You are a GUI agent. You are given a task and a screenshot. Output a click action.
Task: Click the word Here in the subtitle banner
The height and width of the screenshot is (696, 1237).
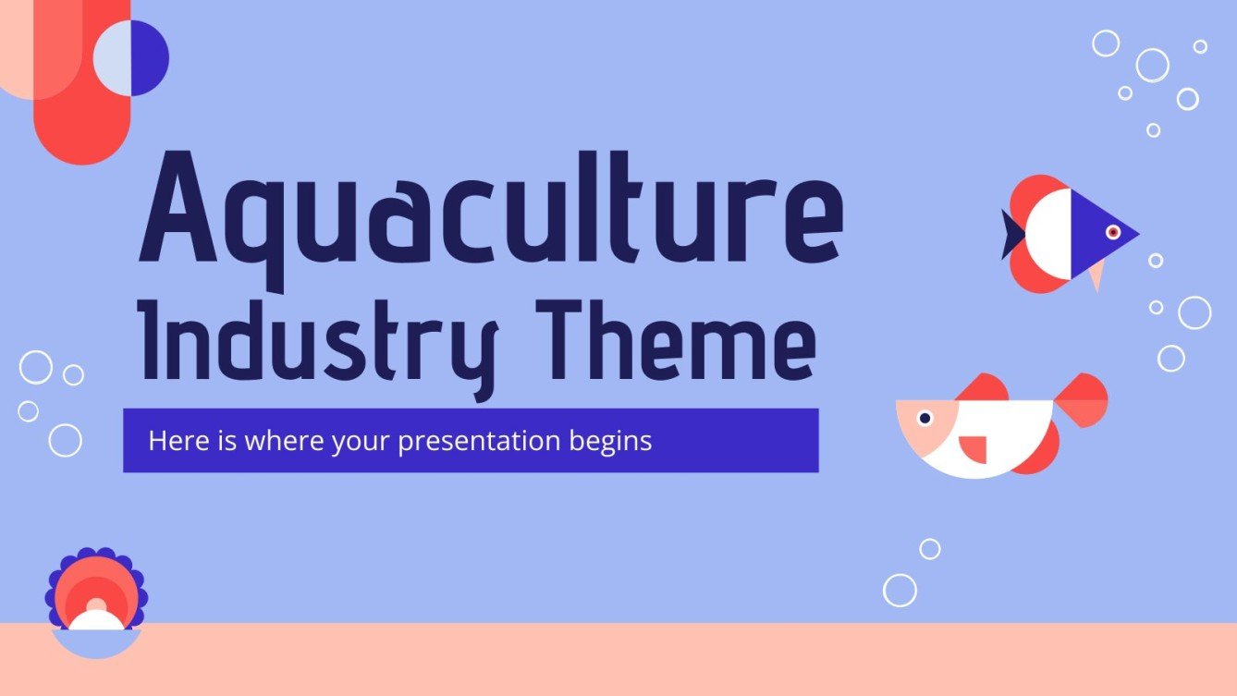pos(172,441)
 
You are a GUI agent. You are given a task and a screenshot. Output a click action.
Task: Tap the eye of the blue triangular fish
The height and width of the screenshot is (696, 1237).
pos(1113,232)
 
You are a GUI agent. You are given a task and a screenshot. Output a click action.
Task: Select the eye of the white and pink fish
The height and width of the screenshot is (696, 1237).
pos(924,419)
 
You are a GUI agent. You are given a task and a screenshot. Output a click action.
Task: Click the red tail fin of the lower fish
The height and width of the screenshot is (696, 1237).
pos(1083,400)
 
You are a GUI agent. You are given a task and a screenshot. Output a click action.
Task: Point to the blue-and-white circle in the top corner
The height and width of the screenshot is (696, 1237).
pos(130,57)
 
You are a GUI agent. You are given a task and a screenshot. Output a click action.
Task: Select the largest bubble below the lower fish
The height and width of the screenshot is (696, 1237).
pos(900,590)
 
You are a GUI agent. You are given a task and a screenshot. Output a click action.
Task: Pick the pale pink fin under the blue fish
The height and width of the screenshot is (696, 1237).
pos(1096,274)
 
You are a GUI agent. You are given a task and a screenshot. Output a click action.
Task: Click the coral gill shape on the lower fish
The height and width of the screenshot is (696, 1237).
pos(974,448)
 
